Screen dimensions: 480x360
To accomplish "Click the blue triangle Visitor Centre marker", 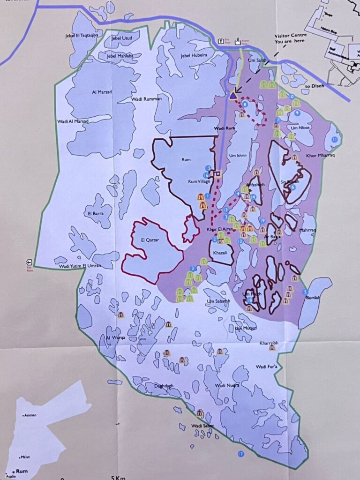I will (233, 95).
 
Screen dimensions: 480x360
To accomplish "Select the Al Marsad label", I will (102, 92).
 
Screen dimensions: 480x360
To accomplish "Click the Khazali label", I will (220, 253).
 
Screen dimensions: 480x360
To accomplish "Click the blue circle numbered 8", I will (245, 104).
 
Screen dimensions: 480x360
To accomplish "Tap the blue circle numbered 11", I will (334, 140).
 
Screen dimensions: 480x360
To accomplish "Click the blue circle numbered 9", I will (297, 113).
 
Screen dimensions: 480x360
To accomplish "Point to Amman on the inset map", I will (30, 415).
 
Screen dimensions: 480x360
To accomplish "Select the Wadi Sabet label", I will (202, 426).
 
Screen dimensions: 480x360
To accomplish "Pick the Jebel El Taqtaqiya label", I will (83, 36).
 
